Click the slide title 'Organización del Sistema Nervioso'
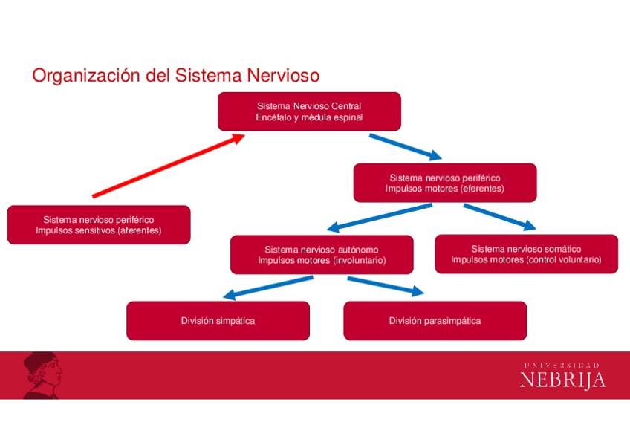[175, 76]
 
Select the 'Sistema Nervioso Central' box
[309, 111]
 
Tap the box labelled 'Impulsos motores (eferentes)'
[444, 183]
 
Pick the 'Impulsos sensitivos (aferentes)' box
[99, 225]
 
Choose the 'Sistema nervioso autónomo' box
[322, 255]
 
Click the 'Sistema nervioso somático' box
[526, 254]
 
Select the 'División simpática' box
[218, 321]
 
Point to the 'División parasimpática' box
[435, 321]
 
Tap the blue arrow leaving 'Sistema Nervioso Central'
[406, 146]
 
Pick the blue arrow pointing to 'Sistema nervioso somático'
[499, 216]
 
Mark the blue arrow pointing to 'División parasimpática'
[385, 286]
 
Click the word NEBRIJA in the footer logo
[562, 380]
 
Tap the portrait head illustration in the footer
[42, 374]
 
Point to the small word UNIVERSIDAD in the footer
[562, 365]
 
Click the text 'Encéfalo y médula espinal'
[309, 117]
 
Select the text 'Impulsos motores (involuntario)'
[322, 261]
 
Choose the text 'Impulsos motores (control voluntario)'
[526, 260]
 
